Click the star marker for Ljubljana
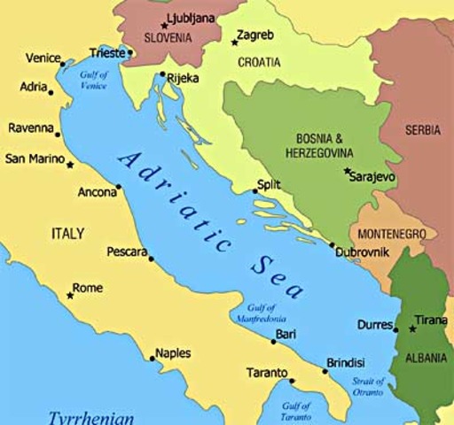[163, 25]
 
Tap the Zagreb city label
[254, 35]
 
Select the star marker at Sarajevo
[347, 170]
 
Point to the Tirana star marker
[412, 328]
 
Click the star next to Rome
[70, 295]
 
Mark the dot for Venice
[62, 63]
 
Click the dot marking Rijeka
[161, 74]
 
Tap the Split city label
[268, 184]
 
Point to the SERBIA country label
[422, 130]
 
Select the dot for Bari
[273, 341]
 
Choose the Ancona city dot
[118, 188]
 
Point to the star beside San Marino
[70, 164]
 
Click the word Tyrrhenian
[90, 416]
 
